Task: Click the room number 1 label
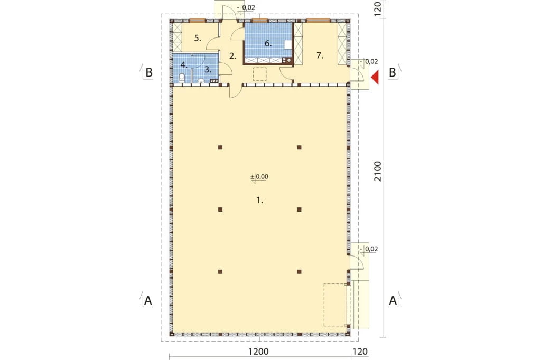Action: pos(260,200)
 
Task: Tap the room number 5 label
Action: pos(198,38)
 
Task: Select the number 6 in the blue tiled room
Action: pos(268,43)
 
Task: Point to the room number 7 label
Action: pos(320,55)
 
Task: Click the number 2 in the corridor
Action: pos(233,56)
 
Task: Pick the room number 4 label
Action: pos(184,64)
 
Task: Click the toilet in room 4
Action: pos(182,78)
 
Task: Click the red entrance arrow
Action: pos(375,77)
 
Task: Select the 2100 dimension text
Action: pos(378,172)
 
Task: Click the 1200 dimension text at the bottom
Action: pos(258,352)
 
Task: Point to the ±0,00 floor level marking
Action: pos(259,176)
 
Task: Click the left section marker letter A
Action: pos(148,300)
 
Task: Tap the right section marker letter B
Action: pos(393,72)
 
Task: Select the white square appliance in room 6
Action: pos(288,45)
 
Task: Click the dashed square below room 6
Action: pos(260,74)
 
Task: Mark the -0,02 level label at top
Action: pos(246,7)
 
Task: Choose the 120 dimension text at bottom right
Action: pos(360,352)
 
